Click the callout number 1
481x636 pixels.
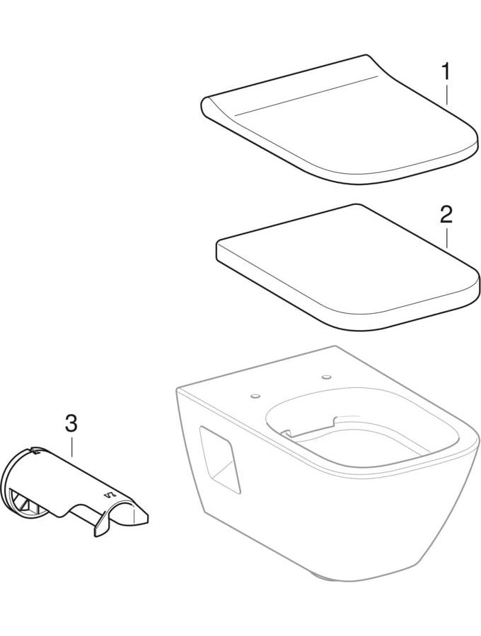tap(446, 72)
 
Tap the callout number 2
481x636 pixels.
tap(446, 215)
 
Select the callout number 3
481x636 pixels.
tap(71, 423)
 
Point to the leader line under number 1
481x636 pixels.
tap(446, 95)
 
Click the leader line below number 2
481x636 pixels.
tap(446, 237)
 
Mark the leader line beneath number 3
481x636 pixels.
tap(71, 447)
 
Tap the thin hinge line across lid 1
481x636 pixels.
tap(309, 95)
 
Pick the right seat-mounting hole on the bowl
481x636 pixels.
tap(326, 377)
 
